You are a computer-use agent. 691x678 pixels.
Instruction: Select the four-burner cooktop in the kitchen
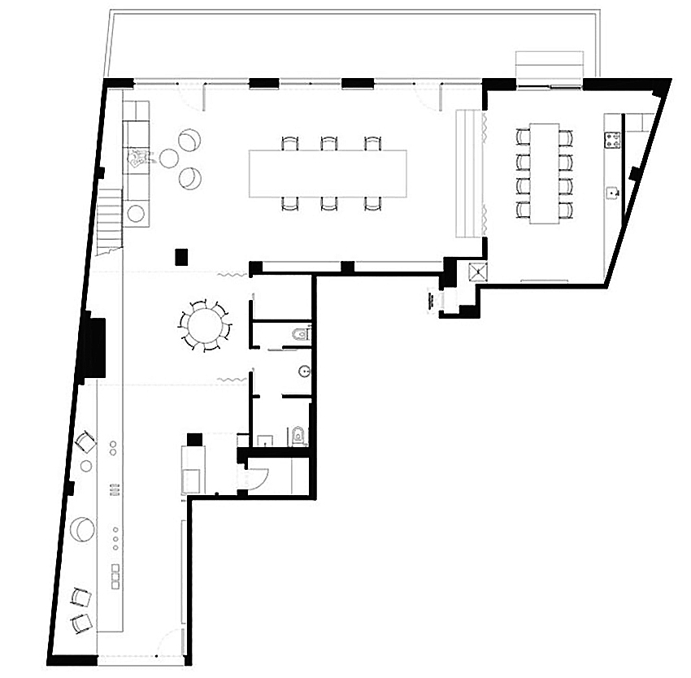click(612, 140)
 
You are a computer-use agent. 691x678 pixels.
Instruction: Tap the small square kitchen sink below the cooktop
click(612, 192)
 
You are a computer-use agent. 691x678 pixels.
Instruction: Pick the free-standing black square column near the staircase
click(181, 256)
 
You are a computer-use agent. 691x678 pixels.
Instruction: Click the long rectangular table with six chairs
click(328, 172)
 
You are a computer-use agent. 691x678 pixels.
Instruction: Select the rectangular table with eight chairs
click(544, 172)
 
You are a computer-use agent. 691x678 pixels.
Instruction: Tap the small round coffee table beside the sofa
click(168, 158)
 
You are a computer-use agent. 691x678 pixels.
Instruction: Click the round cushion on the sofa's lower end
click(136, 214)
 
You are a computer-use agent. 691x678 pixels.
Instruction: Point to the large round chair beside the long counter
click(82, 528)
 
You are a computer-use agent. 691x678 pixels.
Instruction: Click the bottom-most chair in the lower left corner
click(81, 624)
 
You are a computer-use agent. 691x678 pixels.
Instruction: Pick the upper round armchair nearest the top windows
click(188, 141)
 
